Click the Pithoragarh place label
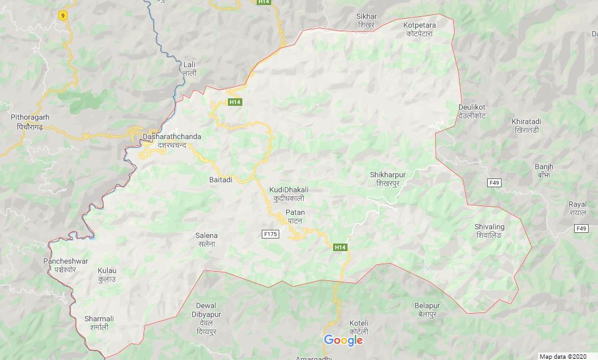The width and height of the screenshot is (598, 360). (x=29, y=121)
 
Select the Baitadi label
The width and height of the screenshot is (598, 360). (x=220, y=180)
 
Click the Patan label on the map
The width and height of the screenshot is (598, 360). (x=295, y=217)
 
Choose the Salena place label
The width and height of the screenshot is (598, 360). (x=207, y=239)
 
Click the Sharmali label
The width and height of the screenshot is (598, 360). (x=99, y=322)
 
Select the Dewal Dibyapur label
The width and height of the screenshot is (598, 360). (x=206, y=314)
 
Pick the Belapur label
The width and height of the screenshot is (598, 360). (x=427, y=309)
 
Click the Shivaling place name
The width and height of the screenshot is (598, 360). (x=489, y=230)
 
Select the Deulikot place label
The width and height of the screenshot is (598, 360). (x=472, y=111)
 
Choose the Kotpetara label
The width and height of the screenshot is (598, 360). (x=420, y=29)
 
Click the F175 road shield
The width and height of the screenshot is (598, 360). (x=270, y=234)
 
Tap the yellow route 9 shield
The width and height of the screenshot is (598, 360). (x=63, y=16)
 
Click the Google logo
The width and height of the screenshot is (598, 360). (x=343, y=340)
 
